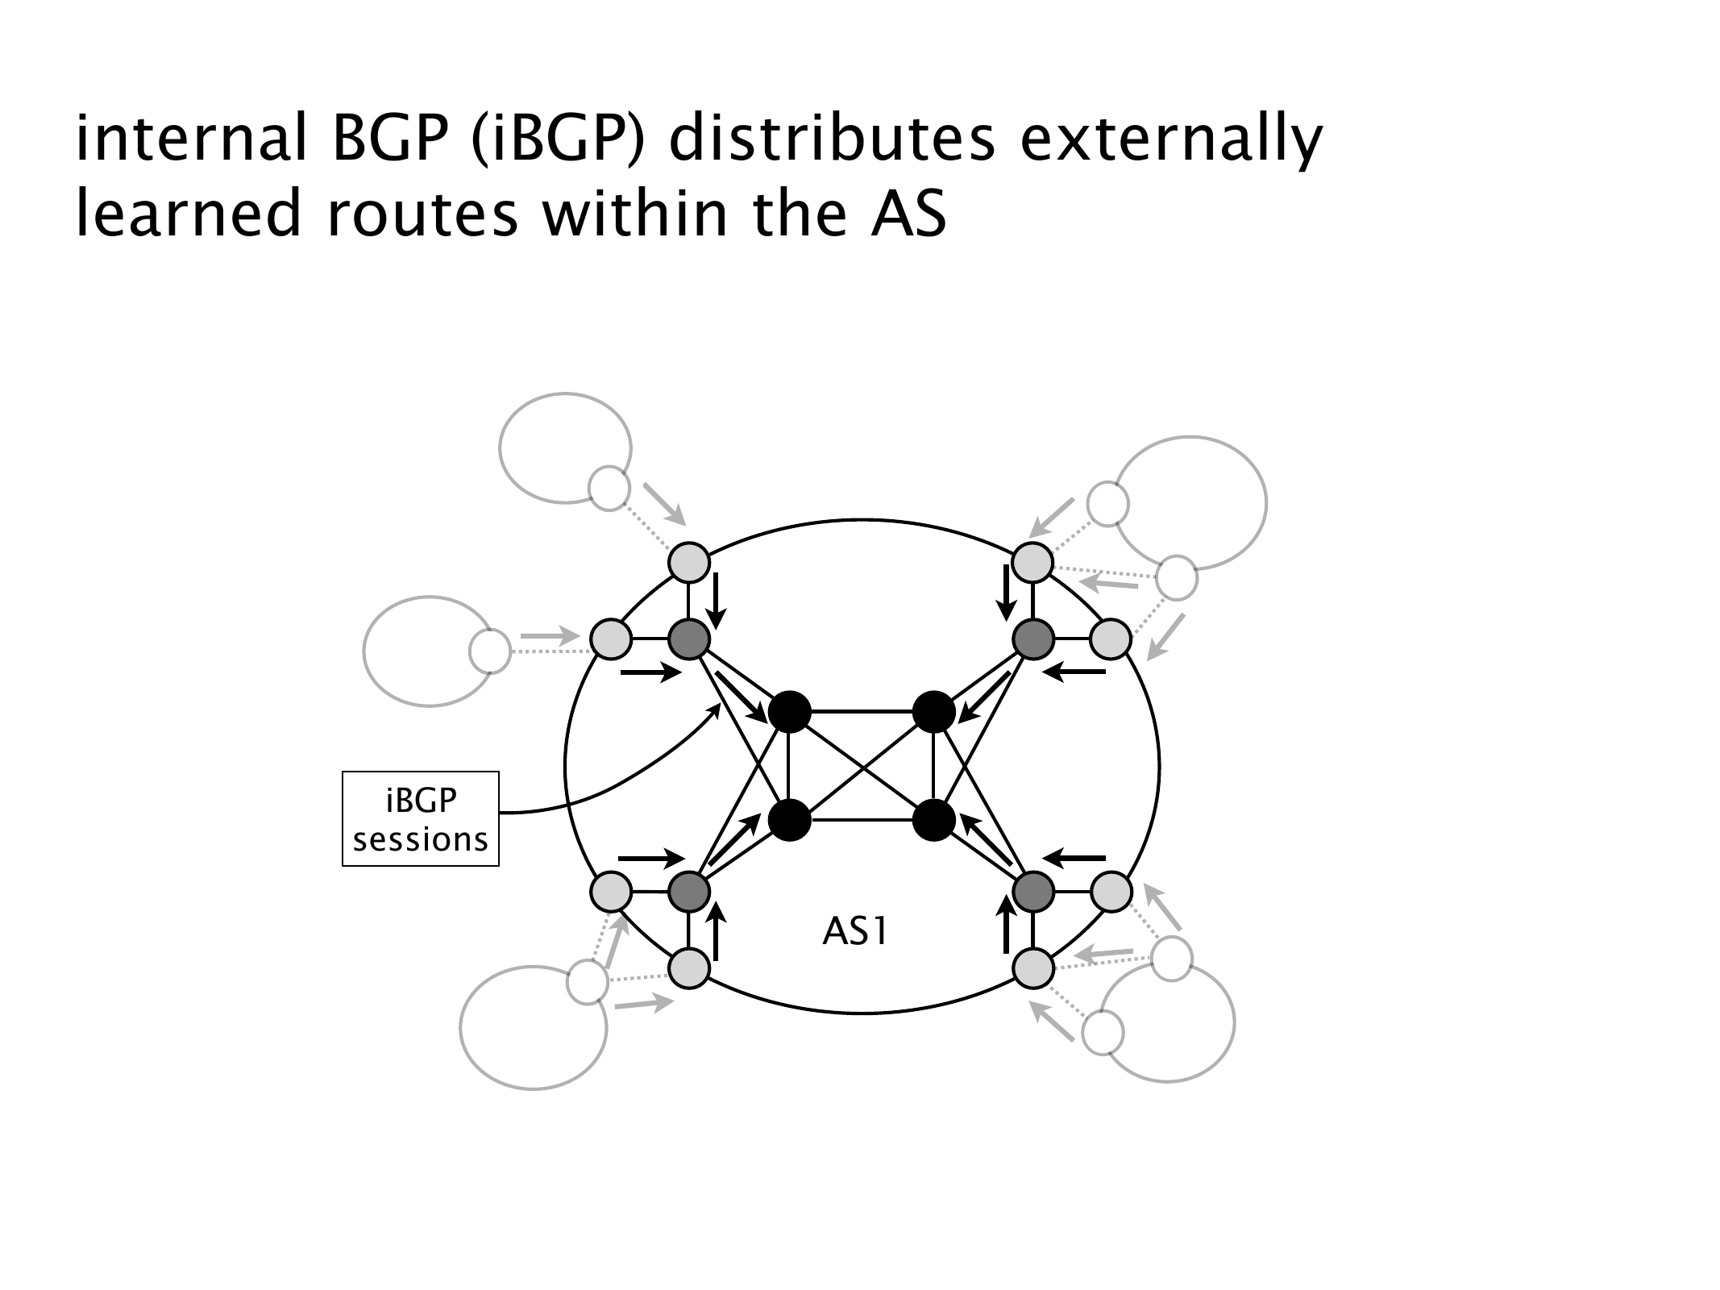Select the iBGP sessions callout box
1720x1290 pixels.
(421, 819)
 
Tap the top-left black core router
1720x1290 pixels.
(789, 713)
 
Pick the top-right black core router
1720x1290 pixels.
(934, 713)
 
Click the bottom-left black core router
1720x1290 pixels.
(789, 821)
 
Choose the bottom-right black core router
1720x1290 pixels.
(934, 821)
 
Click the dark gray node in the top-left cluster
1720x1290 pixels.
(689, 639)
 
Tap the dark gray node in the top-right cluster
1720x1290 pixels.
(1033, 639)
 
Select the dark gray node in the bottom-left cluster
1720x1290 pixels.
(689, 892)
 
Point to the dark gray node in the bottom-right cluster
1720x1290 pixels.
(1033, 892)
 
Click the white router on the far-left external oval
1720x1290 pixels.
(490, 651)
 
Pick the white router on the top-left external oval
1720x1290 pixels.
(609, 489)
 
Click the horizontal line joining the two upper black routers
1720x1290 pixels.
(862, 713)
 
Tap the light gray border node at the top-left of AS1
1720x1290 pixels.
(689, 563)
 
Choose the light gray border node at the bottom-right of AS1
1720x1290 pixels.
(1033, 968)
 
